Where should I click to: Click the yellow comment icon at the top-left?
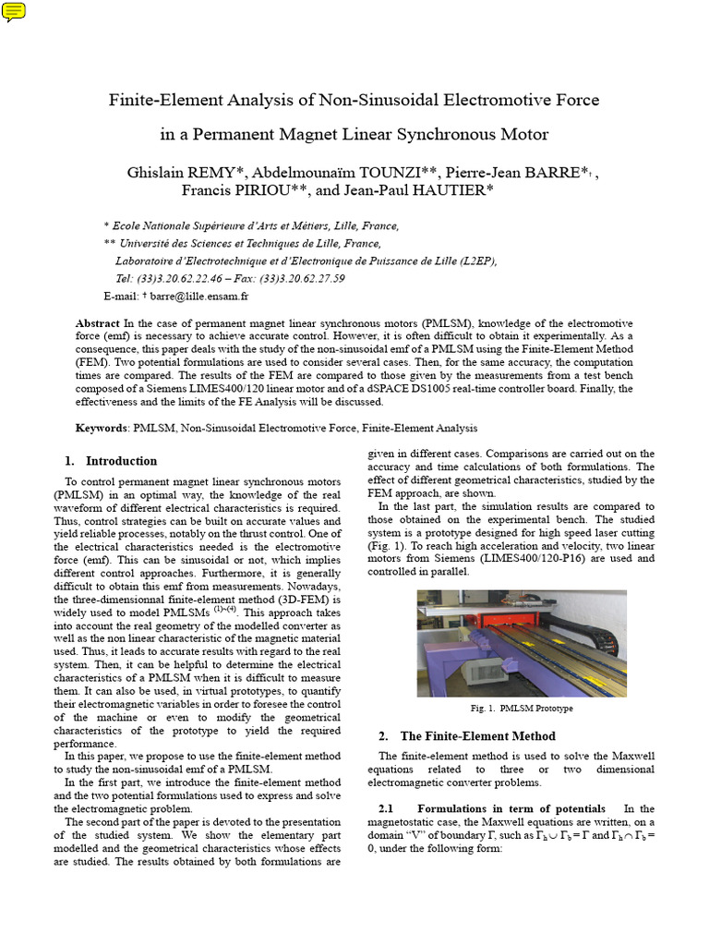(14, 12)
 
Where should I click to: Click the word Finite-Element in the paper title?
(157, 99)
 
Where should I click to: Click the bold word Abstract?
(98, 324)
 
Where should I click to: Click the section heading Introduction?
(121, 461)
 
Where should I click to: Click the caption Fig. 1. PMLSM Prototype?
(521, 709)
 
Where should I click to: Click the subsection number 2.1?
(376, 808)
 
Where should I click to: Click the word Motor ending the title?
(523, 135)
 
